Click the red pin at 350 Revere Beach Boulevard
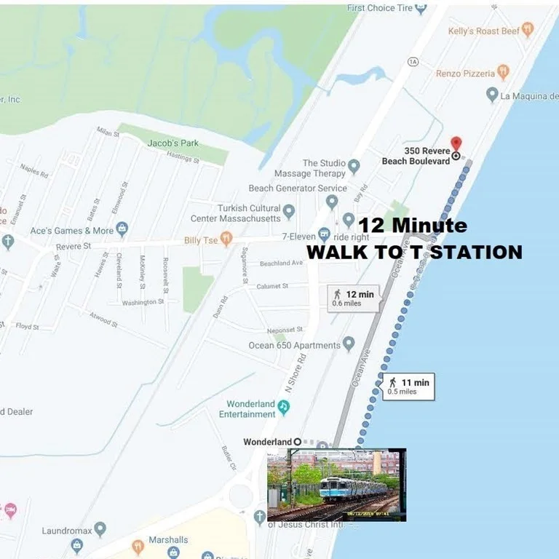456,143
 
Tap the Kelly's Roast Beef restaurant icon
528,30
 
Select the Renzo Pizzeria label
465,74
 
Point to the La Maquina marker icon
493,95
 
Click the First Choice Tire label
379,8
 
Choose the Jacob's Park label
173,143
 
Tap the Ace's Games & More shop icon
122,230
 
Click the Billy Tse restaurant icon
226,238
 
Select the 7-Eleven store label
299,237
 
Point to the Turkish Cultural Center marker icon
289,212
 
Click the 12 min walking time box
353,298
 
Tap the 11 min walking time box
408,386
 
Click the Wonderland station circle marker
298,442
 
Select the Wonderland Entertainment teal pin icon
284,408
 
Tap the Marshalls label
168,539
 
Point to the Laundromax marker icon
100,529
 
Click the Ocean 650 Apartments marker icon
349,344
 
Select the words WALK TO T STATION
414,252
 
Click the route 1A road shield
413,63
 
